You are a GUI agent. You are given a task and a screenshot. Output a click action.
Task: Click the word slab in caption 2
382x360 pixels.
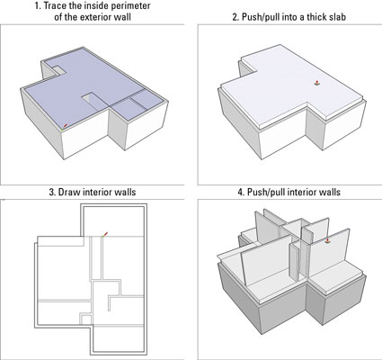pyautogui.click(x=336, y=17)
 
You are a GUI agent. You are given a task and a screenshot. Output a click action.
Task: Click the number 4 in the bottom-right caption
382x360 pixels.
pyautogui.click(x=241, y=192)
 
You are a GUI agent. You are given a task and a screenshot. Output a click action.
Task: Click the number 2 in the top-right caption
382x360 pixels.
pyautogui.click(x=235, y=17)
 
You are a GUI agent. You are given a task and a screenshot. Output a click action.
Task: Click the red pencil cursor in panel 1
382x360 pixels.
pyautogui.click(x=64, y=127)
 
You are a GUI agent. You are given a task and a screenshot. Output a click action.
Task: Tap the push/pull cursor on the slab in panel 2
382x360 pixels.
pyautogui.click(x=317, y=83)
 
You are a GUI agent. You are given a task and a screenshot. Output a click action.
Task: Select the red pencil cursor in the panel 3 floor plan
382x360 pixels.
pyautogui.click(x=104, y=235)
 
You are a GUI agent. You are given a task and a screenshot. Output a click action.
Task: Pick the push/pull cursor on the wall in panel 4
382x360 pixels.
pyautogui.click(x=327, y=240)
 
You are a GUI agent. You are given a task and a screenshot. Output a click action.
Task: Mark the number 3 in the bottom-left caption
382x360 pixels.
pyautogui.click(x=52, y=192)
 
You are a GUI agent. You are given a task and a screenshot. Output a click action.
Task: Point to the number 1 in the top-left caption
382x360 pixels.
pyautogui.click(x=38, y=5)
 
